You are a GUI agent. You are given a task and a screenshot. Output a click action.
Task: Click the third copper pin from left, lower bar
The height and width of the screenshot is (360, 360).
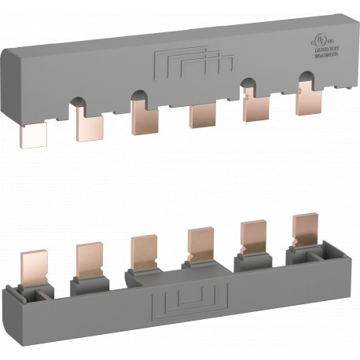(x=142, y=249)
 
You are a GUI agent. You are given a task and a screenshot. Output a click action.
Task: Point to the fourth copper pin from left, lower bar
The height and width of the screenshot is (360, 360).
(x=197, y=243)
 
